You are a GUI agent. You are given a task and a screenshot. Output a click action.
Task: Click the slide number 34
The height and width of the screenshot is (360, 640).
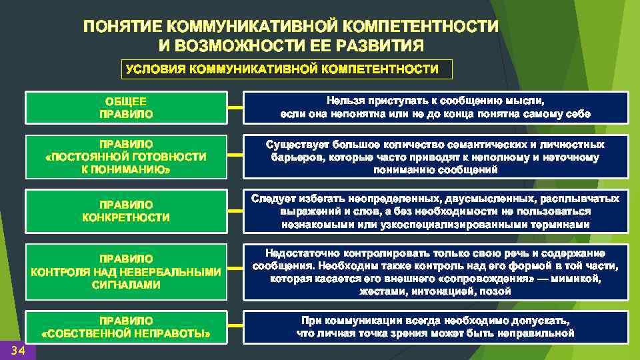click(x=18, y=351)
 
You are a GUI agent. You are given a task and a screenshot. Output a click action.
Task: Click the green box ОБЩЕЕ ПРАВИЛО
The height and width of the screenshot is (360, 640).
click(x=126, y=107)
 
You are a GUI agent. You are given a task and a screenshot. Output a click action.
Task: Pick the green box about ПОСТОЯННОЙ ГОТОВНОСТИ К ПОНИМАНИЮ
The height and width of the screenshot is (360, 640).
click(x=126, y=157)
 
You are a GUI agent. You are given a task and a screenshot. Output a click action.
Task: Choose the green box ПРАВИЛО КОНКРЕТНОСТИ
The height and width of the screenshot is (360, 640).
click(x=126, y=211)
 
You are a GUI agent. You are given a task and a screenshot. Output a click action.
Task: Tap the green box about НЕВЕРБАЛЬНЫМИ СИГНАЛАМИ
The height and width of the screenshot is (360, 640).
click(x=126, y=271)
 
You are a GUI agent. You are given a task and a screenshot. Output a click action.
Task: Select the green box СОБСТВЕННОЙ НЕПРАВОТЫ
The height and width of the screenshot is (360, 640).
click(x=126, y=326)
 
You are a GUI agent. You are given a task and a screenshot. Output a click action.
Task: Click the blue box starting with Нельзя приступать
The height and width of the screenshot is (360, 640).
click(x=436, y=107)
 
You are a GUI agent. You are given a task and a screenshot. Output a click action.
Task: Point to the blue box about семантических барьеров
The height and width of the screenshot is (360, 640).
click(x=436, y=157)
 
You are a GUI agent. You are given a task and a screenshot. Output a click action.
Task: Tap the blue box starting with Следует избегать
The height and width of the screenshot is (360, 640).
click(x=436, y=211)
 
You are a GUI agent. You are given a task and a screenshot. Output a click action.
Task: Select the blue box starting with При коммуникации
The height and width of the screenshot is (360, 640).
click(x=436, y=326)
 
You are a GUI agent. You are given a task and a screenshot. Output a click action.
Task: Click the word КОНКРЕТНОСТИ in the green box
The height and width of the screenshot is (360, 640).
click(x=126, y=218)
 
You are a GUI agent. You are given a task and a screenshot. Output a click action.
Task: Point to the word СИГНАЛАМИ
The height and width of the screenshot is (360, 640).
click(x=126, y=285)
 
